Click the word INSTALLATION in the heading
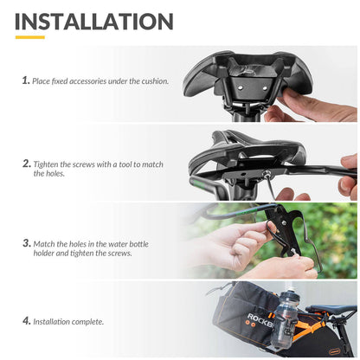[94, 21]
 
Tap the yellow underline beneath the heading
[30, 37]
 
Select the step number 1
[26, 80]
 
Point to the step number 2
[26, 162]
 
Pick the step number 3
[26, 243]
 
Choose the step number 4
[26, 321]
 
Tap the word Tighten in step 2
[48, 164]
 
